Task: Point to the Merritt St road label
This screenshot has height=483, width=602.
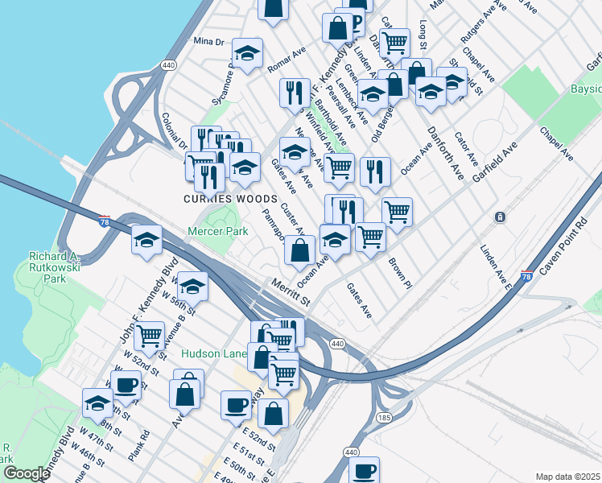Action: pos(291,291)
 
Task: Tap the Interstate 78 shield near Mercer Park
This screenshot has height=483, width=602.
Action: pos(105,221)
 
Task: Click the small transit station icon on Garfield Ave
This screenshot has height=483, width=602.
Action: pos(500,217)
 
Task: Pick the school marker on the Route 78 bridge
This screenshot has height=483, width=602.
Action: pos(147,240)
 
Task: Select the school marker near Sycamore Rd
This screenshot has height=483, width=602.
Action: pos(247,53)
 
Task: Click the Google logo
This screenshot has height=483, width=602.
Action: pos(27,474)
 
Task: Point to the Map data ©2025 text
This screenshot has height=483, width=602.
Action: pos(567,477)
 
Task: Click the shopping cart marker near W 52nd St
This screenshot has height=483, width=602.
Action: pos(149,334)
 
